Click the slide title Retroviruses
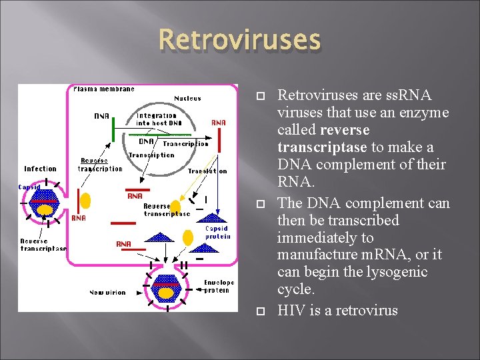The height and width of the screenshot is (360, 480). (x=239, y=40)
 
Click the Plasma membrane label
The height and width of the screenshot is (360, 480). (x=104, y=89)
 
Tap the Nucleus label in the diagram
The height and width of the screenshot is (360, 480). (x=187, y=98)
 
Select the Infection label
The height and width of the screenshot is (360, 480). (x=40, y=169)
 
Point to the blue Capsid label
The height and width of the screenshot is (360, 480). (x=29, y=187)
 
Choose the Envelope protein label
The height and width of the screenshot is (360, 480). (x=219, y=286)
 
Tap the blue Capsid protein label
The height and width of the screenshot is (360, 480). (x=218, y=232)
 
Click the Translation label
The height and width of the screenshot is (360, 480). (x=207, y=171)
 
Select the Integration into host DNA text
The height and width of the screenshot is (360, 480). (x=157, y=119)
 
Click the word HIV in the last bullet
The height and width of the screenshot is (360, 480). (x=291, y=310)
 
